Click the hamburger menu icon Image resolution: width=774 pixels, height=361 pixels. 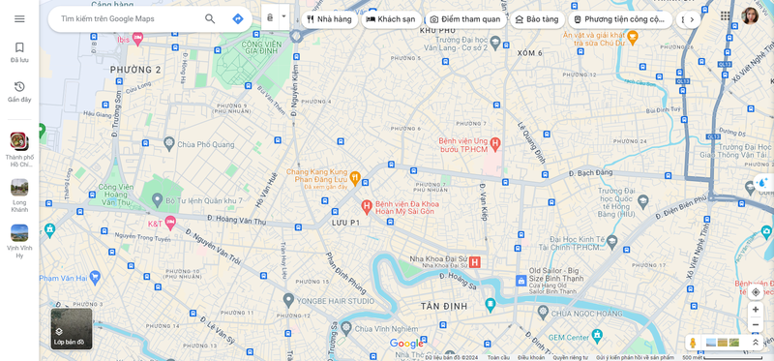[x=19, y=18]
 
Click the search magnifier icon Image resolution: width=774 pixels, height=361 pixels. [x=210, y=18]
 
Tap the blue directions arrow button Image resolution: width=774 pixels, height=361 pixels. [x=238, y=18]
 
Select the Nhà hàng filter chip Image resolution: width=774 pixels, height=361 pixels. [x=329, y=18]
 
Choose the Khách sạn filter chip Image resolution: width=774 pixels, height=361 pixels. [x=390, y=18]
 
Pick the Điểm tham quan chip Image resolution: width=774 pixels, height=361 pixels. [x=465, y=18]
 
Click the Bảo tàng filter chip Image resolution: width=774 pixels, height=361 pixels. [x=537, y=18]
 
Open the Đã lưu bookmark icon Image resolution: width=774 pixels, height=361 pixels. [x=19, y=47]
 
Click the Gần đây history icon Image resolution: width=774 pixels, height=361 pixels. [x=19, y=87]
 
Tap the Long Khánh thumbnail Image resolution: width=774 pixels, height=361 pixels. [x=19, y=188]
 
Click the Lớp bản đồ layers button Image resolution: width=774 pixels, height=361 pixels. [x=71, y=328]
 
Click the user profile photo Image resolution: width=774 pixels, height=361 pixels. [x=751, y=16]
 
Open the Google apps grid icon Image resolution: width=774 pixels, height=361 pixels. [x=726, y=16]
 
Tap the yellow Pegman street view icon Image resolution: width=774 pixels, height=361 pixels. [x=693, y=343]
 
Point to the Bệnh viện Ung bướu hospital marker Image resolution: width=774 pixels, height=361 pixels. [x=494, y=143]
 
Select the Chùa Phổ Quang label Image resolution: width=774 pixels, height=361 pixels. [x=207, y=143]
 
